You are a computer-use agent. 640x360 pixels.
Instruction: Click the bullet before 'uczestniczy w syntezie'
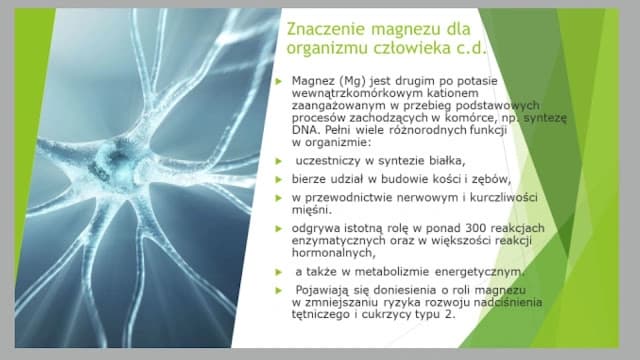(x=281, y=161)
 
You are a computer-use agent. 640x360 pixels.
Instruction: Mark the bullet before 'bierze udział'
(x=281, y=179)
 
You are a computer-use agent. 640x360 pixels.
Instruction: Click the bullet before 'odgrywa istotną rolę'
(x=281, y=229)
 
